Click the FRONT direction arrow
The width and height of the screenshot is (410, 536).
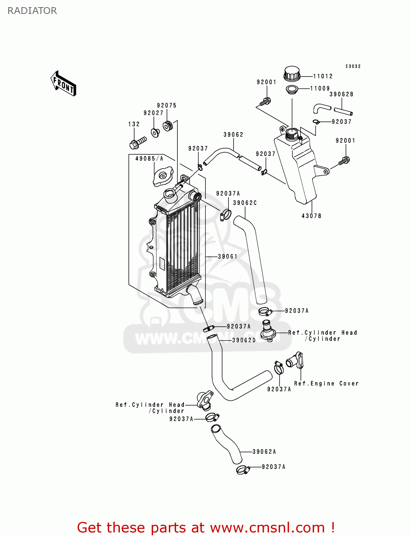[64, 83]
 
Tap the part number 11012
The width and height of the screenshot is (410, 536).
[323, 76]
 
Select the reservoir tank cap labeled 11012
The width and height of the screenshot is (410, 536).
[292, 74]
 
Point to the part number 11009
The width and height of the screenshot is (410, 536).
[320, 89]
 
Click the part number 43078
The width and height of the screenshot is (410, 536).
[311, 216]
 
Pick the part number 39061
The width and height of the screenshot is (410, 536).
[228, 256]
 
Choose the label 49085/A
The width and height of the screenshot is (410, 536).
[149, 158]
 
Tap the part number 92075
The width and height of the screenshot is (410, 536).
[167, 105]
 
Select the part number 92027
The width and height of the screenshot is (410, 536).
[153, 113]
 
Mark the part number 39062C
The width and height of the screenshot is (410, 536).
[245, 203]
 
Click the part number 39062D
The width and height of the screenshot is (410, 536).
[244, 340]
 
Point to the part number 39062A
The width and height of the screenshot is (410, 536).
[264, 452]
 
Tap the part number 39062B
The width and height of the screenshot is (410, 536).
[341, 94]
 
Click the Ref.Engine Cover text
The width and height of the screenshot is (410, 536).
[326, 383]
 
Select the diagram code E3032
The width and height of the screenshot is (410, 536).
[353, 66]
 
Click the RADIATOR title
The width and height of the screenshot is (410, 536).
[32, 11]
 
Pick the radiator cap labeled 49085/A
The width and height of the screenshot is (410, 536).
[163, 178]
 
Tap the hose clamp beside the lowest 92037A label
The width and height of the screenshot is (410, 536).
[243, 470]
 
